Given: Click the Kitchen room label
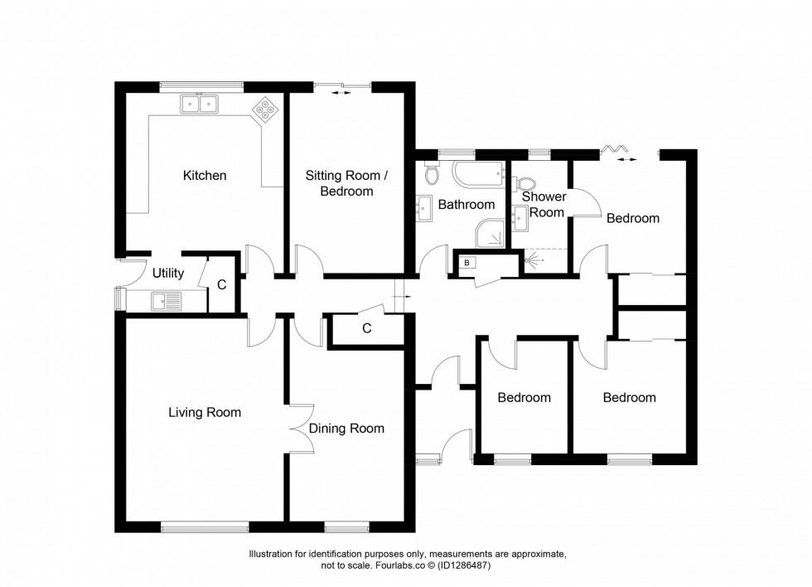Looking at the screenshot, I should tap(205, 176).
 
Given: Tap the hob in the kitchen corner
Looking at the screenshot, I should tap(266, 109).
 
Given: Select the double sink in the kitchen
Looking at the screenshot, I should tap(199, 104).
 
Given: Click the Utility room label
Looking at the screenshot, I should tap(167, 273).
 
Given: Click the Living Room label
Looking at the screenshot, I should tap(205, 412).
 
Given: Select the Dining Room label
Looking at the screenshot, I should tap(346, 429).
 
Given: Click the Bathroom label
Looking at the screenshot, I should tap(466, 204).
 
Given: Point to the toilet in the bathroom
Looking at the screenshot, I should tap(431, 173).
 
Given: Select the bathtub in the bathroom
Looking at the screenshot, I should tap(481, 174).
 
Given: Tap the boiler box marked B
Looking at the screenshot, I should tap(467, 263).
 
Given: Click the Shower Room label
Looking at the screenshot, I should tap(544, 204).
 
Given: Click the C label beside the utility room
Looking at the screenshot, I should tap(221, 285).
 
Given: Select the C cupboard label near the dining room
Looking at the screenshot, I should tap(366, 327).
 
